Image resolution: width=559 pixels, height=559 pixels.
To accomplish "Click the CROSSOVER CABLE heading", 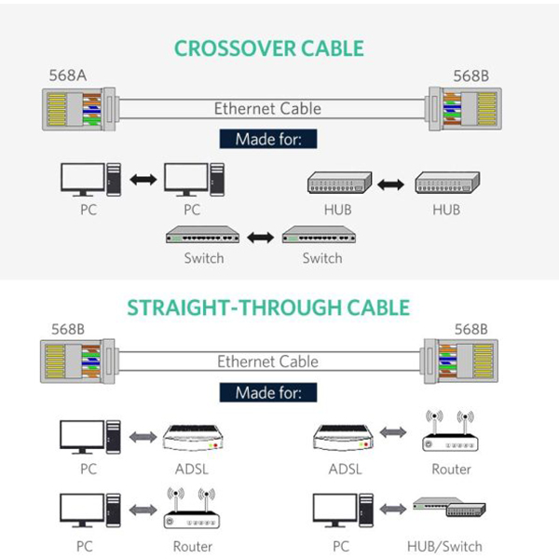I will pyautogui.click(x=269, y=48).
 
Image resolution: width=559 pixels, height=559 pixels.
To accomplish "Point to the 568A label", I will pyautogui.click(x=68, y=75).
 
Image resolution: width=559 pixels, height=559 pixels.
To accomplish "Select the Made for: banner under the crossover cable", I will pyautogui.click(x=267, y=139).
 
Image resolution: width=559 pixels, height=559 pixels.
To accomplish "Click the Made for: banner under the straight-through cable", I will pyautogui.click(x=267, y=392).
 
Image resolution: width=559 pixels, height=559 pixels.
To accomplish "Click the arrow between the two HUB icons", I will pyautogui.click(x=392, y=184).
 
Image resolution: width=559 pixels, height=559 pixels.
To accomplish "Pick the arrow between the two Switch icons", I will pyautogui.click(x=261, y=237).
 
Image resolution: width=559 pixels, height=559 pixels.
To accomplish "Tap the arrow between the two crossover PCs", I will pyautogui.click(x=143, y=179).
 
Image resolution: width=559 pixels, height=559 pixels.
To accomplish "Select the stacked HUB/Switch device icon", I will pyautogui.click(x=451, y=505).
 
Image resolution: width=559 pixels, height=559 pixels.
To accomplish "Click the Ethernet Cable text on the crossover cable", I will pyautogui.click(x=267, y=108).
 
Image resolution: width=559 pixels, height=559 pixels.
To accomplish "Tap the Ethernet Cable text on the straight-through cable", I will pyautogui.click(x=267, y=361).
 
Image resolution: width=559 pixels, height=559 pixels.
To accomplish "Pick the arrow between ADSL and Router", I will pyautogui.click(x=392, y=434).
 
